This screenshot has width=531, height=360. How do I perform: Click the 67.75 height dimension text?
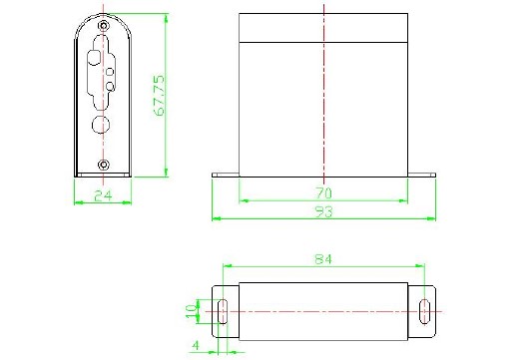pyautogui.click(x=159, y=96)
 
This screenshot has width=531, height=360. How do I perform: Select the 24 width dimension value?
pyautogui.click(x=103, y=195)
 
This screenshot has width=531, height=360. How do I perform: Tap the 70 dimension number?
pyautogui.click(x=324, y=193)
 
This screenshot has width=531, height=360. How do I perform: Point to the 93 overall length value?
pyautogui.click(x=324, y=211)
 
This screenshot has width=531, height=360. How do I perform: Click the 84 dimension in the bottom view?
pyautogui.click(x=323, y=259)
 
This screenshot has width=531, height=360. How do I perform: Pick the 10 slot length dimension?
pyautogui.click(x=191, y=311)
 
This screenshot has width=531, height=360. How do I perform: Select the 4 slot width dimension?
pyautogui.click(x=196, y=346)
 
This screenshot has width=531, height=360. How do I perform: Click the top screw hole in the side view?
pyautogui.click(x=104, y=26)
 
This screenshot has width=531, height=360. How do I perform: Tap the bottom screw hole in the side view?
pyautogui.click(x=104, y=165)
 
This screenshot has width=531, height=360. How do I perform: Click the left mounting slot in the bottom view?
pyautogui.click(x=223, y=311)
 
